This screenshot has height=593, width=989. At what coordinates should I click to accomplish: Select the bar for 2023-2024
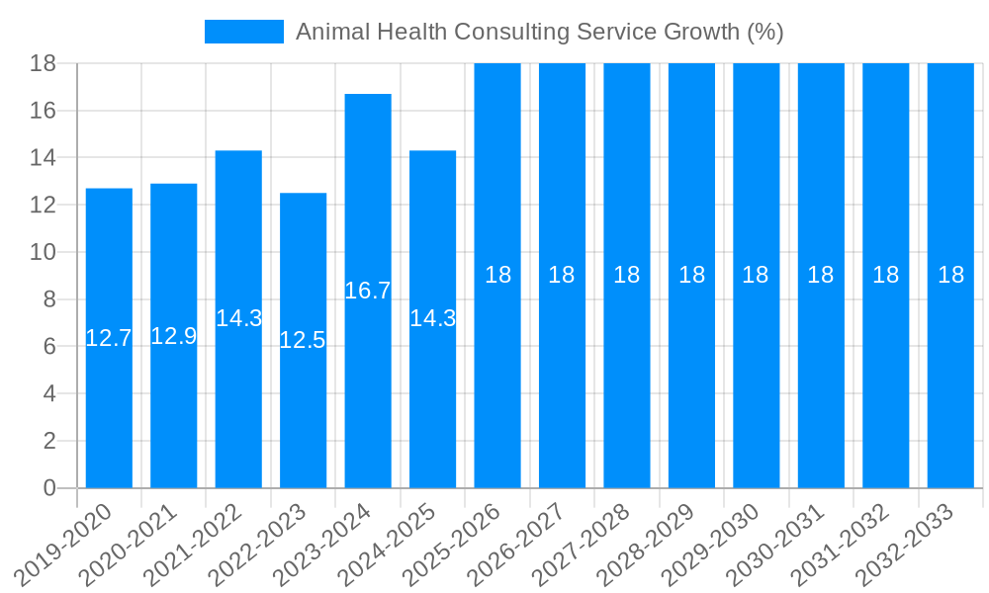coord(368,395)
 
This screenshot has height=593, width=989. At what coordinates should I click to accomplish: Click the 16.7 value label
coord(368,291)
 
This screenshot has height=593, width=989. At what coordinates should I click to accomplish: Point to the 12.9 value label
coord(174,336)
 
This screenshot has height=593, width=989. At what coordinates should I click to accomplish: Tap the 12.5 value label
coord(303,341)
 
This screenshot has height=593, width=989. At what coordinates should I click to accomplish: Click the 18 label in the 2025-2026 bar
coord(497,276)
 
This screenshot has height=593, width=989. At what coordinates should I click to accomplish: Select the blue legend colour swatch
coord(243,32)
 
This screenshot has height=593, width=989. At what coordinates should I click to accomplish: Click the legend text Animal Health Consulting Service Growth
coord(539,32)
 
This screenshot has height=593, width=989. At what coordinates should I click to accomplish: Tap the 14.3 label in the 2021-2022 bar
coord(238,318)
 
